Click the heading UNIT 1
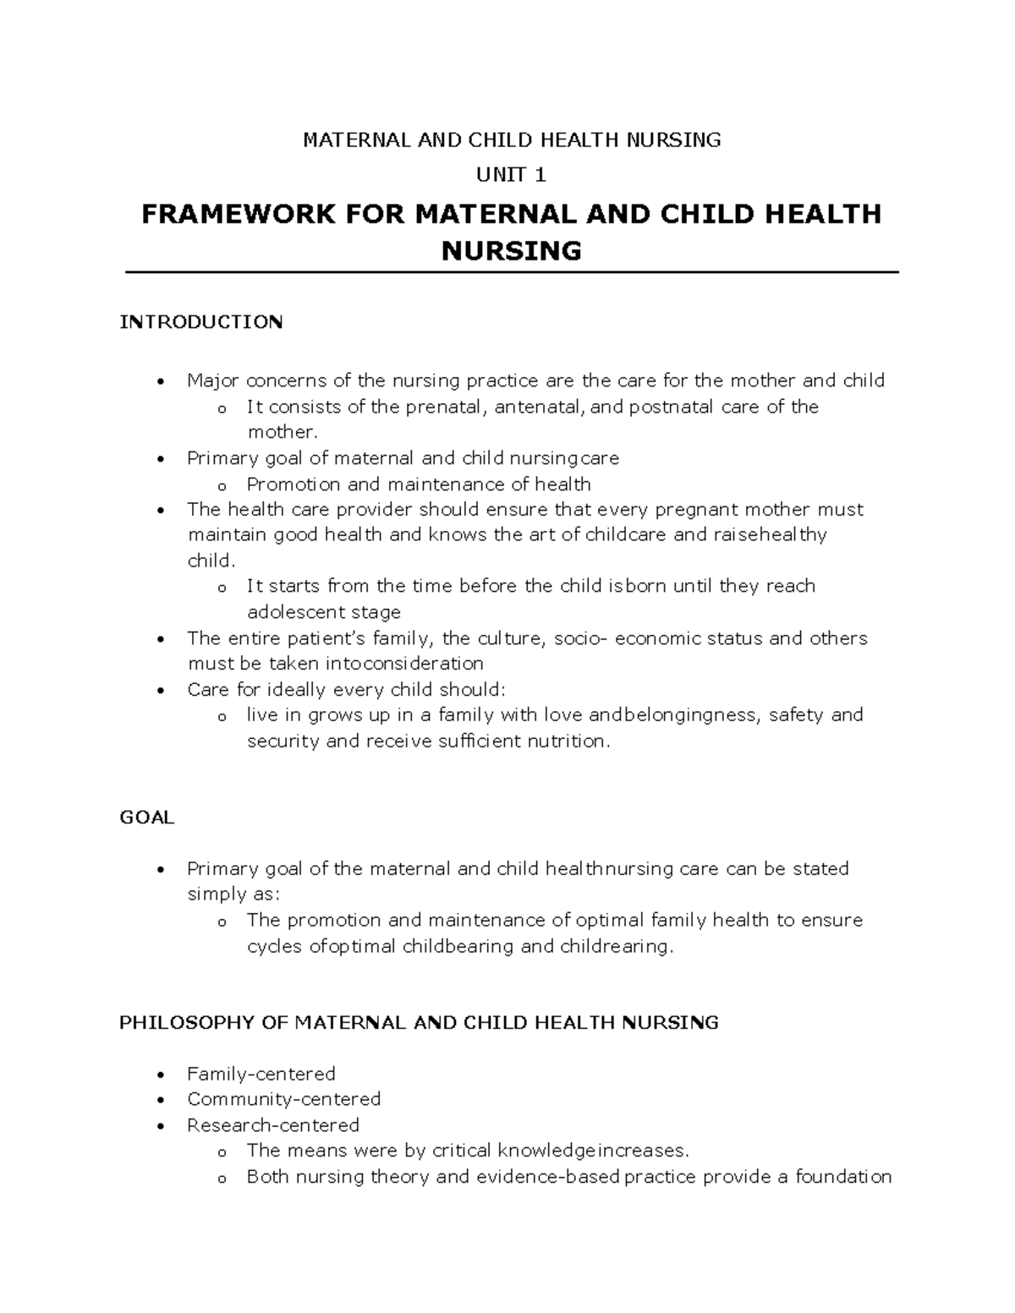(512, 175)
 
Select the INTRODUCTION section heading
(201, 322)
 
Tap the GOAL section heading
(146, 818)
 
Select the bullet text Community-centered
(283, 1099)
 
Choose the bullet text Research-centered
(272, 1125)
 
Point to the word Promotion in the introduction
(294, 484)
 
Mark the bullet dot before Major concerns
(160, 382)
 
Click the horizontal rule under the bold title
(512, 272)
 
